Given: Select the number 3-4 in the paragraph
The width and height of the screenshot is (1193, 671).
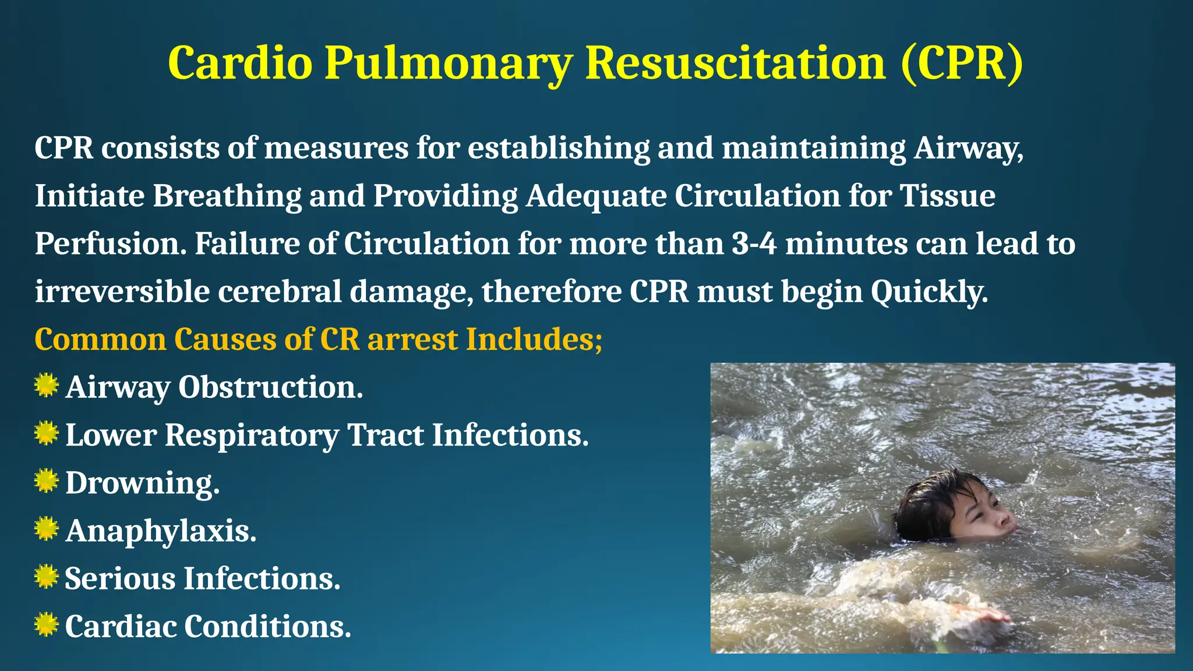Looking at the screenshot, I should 754,243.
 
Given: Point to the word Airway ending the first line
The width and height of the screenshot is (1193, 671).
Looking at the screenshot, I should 968,148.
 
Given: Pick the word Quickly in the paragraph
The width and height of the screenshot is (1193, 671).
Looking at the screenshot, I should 929,291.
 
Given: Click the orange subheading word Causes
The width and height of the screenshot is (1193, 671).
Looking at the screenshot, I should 225,339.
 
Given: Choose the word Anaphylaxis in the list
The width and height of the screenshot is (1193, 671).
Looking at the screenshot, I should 161,531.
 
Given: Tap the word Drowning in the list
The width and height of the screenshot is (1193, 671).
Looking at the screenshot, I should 142,483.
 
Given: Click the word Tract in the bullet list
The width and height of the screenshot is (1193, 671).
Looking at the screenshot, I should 385,435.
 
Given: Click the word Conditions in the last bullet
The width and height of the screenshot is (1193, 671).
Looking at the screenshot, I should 268,626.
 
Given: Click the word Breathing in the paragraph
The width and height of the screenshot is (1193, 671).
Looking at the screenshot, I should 227,196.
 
